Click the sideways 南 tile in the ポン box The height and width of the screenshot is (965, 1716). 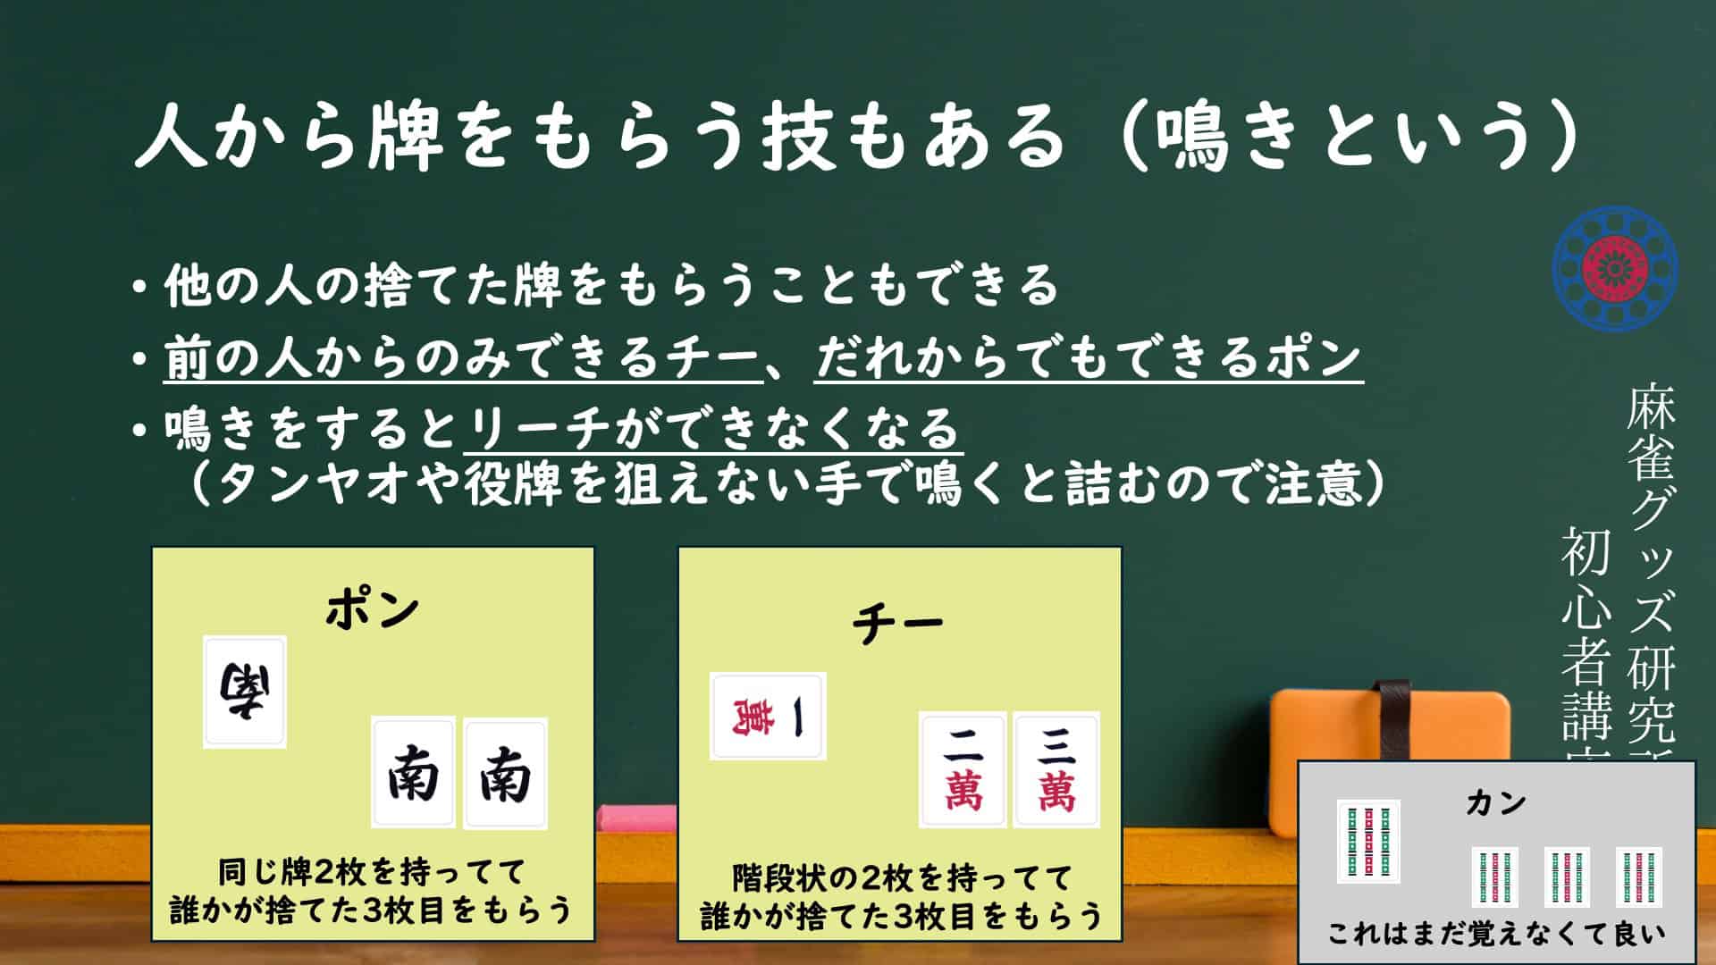[x=245, y=692]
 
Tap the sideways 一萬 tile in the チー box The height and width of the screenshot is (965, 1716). [x=768, y=717]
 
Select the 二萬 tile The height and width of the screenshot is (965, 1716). [x=963, y=770]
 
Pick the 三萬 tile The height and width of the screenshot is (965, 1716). [x=1056, y=770]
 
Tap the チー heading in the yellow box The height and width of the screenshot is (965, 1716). [x=898, y=623]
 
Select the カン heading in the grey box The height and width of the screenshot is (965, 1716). [x=1496, y=803]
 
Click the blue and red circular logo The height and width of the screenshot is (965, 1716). [x=1615, y=268]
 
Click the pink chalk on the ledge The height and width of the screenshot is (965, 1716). [x=636, y=818]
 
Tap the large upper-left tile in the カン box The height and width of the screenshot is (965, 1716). [x=1368, y=842]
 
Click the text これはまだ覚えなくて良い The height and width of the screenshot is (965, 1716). [x=1496, y=934]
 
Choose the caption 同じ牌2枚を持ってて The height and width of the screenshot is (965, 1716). [x=373, y=871]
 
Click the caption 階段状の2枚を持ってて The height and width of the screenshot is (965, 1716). [x=902, y=878]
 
